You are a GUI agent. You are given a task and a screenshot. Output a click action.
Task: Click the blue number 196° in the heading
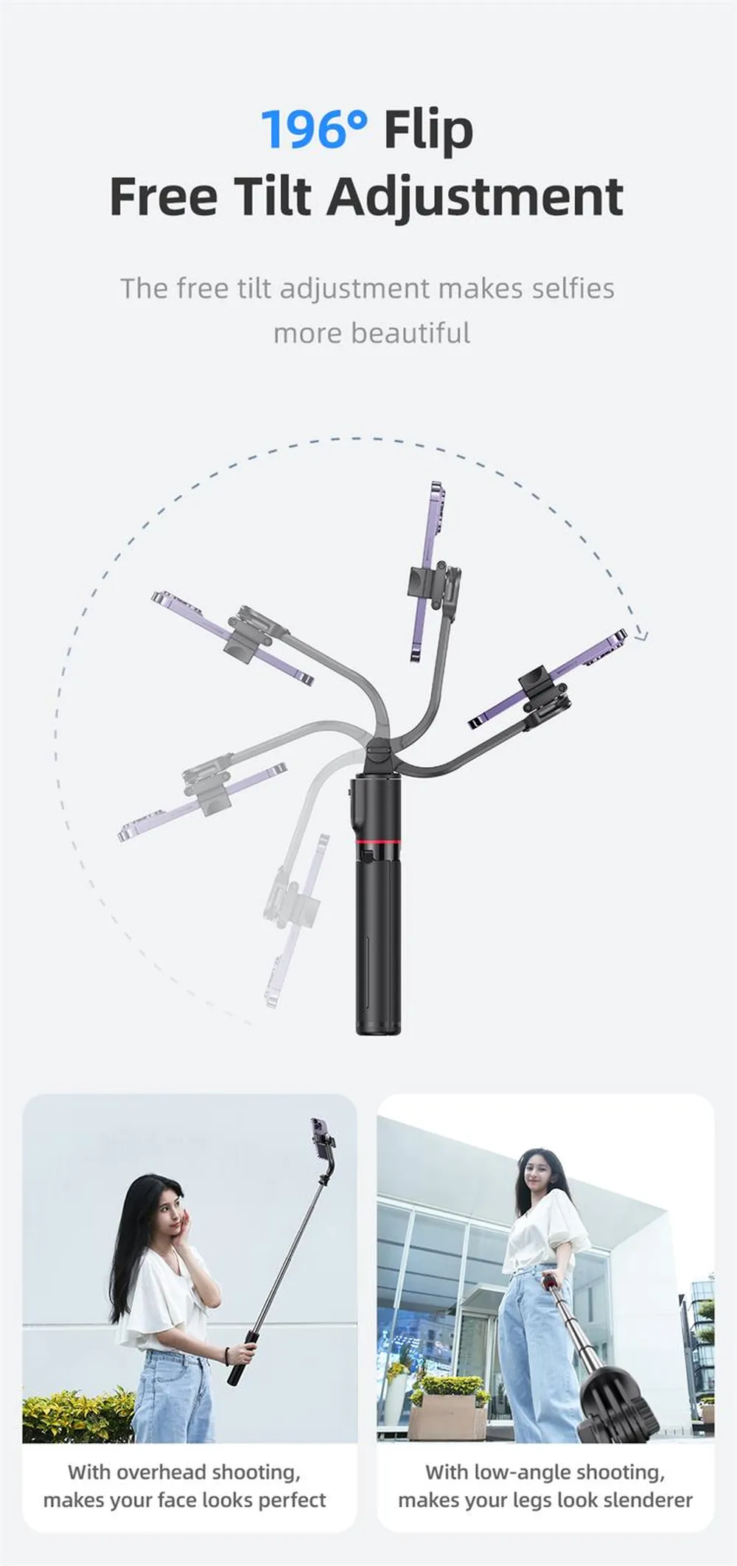pyautogui.click(x=314, y=129)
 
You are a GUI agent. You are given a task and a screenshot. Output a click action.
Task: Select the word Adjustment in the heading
pyautogui.click(x=475, y=197)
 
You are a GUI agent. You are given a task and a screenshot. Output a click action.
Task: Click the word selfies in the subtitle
pyautogui.click(x=573, y=288)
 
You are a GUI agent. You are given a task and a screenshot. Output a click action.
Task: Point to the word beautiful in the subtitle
pyautogui.click(x=411, y=333)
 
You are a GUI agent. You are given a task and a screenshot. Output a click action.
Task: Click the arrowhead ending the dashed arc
pyautogui.click(x=640, y=635)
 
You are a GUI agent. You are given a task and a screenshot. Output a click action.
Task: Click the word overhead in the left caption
pyautogui.click(x=161, y=1472)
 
